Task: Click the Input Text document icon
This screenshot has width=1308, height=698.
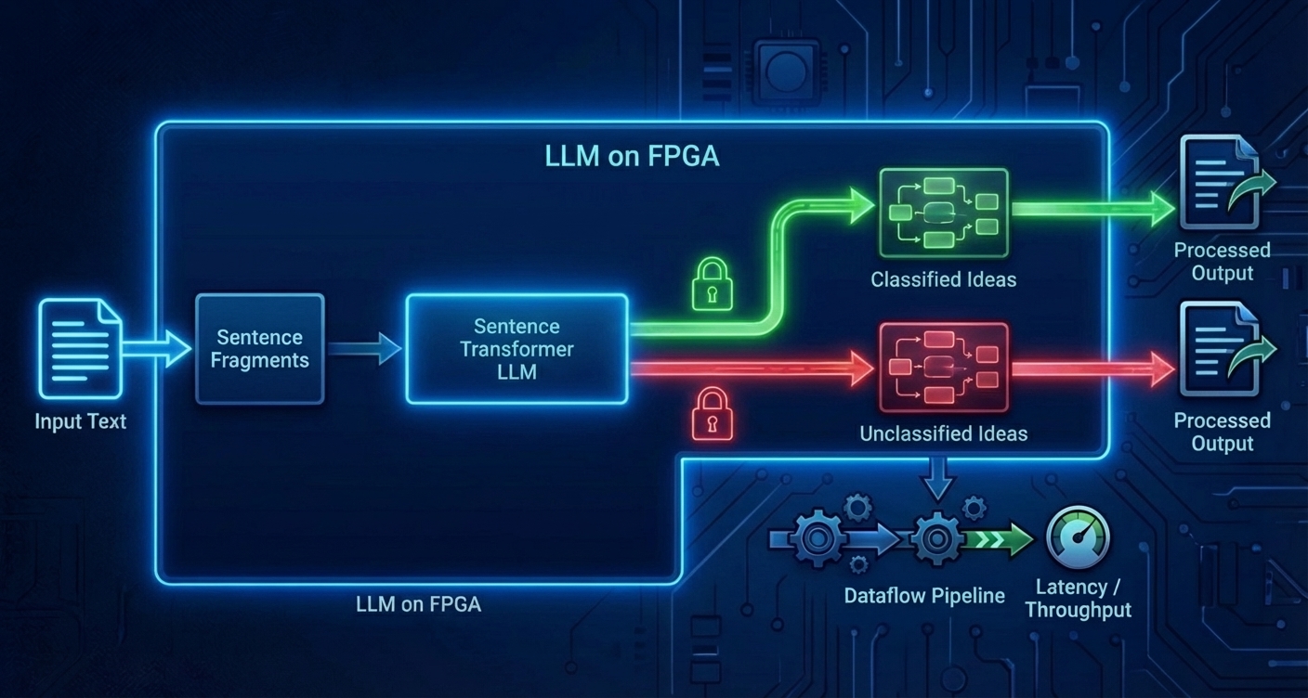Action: tap(80, 349)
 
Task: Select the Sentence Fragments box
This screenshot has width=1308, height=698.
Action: tap(260, 349)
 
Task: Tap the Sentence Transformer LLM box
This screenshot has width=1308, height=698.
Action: tap(517, 349)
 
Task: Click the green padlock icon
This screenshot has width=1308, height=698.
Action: tap(713, 284)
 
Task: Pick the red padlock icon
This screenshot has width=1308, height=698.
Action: tap(713, 414)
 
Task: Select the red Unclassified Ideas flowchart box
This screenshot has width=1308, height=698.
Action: tap(943, 368)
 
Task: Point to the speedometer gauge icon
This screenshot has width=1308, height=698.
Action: tap(1078, 537)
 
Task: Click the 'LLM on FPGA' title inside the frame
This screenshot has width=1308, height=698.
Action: tap(632, 156)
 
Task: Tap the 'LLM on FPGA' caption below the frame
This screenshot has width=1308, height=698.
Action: tap(418, 604)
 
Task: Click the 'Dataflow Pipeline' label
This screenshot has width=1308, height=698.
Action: tap(924, 596)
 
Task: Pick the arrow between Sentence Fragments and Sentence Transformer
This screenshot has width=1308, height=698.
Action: tap(364, 349)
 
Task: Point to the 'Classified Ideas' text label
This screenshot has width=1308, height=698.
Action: tap(943, 279)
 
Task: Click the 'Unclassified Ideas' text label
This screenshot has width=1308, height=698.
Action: tap(943, 433)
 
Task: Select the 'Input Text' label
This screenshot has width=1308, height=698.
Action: tap(80, 421)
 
